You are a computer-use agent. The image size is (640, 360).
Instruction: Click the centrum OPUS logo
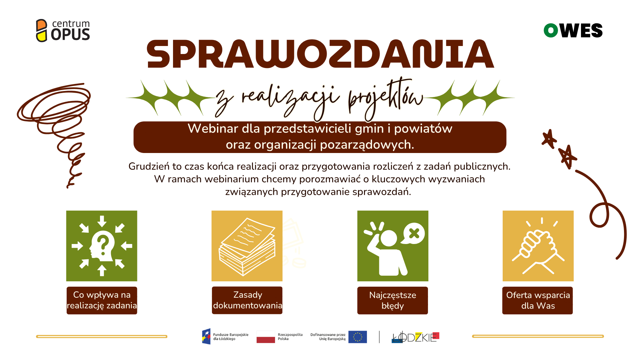pos(63,30)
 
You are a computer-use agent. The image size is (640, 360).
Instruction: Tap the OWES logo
pos(573,30)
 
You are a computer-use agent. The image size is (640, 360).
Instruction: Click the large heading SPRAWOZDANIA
pos(320,54)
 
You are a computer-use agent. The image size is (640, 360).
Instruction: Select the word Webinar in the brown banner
pos(213,129)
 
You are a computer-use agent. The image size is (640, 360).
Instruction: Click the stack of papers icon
pos(247,246)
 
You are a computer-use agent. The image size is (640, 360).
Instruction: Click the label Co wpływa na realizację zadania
pos(102,300)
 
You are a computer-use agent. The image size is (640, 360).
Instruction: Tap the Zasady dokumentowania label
pos(247,300)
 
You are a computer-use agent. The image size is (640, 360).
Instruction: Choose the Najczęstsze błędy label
pos(393,300)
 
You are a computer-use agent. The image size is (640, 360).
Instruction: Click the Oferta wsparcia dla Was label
pos(538,300)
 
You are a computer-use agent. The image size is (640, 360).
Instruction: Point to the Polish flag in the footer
pos(266,337)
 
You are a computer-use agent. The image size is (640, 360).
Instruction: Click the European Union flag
pos(357,337)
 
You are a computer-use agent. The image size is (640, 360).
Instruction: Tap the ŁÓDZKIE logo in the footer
pos(415,337)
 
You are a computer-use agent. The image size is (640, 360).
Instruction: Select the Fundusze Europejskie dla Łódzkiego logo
pos(225,337)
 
